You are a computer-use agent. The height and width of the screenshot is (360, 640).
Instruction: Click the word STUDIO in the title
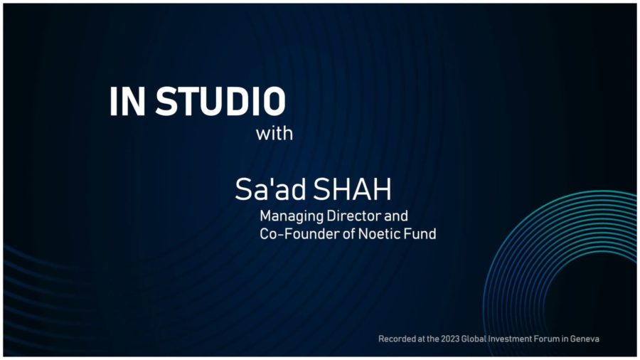tap(220, 101)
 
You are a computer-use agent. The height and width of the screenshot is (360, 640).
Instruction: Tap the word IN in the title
tap(127, 101)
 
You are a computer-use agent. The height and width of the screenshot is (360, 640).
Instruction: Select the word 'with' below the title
tap(274, 134)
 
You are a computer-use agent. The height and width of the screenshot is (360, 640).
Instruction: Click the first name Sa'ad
tap(270, 189)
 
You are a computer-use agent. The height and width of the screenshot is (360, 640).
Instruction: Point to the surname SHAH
tap(352, 189)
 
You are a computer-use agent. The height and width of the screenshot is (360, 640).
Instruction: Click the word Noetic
tap(380, 234)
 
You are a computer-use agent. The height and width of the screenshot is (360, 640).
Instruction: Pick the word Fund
tap(420, 234)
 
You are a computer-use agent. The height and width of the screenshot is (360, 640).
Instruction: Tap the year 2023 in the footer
tap(450, 339)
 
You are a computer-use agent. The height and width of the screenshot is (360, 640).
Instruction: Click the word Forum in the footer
tap(533, 339)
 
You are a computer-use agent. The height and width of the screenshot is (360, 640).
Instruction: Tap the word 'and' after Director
tap(396, 216)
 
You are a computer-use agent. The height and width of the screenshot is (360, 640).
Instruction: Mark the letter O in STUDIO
tap(274, 101)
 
